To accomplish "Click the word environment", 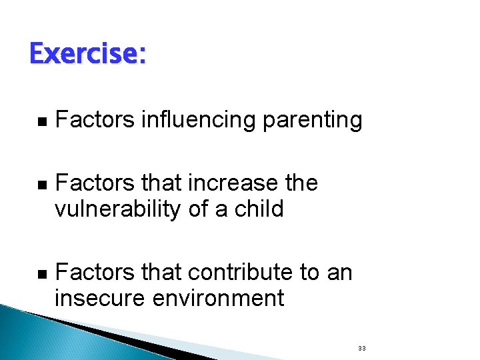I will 218,299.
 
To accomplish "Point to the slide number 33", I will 362,349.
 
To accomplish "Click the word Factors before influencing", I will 95,121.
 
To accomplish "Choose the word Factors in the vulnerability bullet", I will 95,183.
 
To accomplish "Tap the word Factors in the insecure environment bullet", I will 95,272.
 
